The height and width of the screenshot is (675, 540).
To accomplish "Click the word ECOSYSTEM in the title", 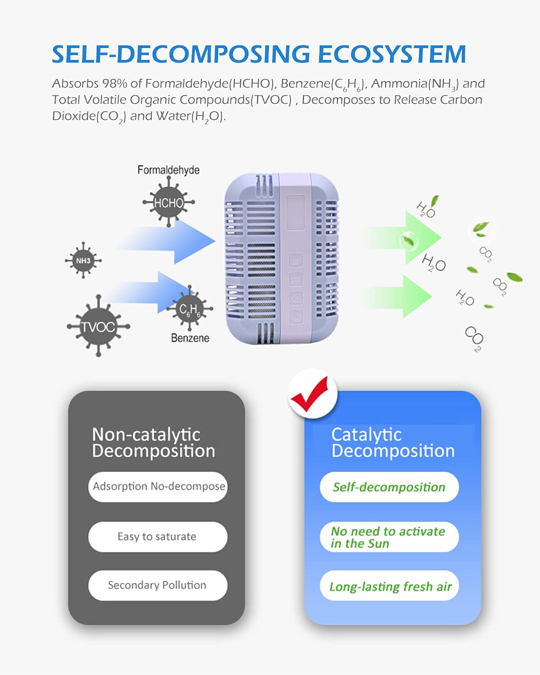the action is pos(392,54).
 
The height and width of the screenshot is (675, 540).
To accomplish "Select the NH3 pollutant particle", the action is pos(83,260).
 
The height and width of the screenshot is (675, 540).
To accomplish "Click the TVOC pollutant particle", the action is pos(98,326).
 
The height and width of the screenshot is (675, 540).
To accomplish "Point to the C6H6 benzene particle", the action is pos(190,309).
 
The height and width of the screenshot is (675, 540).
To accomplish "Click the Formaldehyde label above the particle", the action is pos(168,170).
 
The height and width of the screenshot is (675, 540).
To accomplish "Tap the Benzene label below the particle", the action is pos(190,338).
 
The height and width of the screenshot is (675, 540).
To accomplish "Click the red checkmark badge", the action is pos(313,394).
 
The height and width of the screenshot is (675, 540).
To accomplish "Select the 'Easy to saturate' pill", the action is pos(158,537).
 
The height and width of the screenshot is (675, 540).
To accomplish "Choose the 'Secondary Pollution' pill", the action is pos(158,585).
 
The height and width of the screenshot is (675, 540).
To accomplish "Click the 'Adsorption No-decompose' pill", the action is pos(158,487).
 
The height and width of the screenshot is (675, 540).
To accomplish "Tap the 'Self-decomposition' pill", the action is pos(389,487).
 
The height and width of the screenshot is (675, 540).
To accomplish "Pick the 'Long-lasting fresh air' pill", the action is pos(389,585).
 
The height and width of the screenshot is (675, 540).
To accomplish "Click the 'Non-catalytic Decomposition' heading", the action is pos(153,443).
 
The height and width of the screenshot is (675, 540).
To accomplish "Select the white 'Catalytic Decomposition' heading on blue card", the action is pos(393,443).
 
